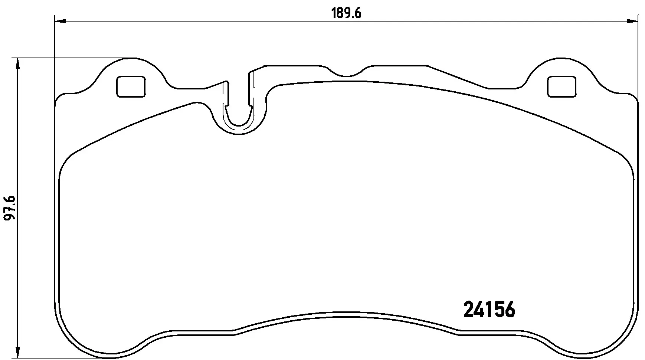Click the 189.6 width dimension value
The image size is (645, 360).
coord(346,13)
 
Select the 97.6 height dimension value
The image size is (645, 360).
coord(10,209)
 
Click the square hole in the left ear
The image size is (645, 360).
coord(131,87)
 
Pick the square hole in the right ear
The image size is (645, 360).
coord(561,87)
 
